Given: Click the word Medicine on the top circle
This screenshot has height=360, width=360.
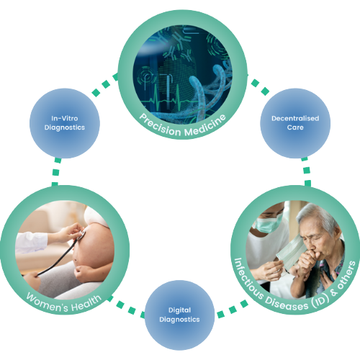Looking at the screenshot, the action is click(205, 126).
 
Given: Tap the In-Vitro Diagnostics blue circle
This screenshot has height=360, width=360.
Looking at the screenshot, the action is click(65, 123).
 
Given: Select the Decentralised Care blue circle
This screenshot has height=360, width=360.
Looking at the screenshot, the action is click(295, 123).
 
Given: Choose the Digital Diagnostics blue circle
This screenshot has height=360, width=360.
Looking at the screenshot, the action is click(179, 315).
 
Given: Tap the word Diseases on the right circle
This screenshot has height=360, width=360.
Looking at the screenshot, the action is click(286, 304).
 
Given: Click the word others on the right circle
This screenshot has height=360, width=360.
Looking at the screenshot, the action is click(346, 275).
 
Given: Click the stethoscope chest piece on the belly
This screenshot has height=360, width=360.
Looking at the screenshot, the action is click(82, 235).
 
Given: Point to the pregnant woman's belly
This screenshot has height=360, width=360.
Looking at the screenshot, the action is click(94, 246).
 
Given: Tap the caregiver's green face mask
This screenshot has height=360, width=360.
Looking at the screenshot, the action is click(267, 224).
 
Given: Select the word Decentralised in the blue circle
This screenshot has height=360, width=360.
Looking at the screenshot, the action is click(295, 118).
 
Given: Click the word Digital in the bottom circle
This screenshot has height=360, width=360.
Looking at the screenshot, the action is click(179, 310).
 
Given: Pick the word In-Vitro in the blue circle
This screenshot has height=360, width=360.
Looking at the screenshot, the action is click(65, 118).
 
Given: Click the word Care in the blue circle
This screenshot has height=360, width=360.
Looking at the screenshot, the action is click(295, 127).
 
